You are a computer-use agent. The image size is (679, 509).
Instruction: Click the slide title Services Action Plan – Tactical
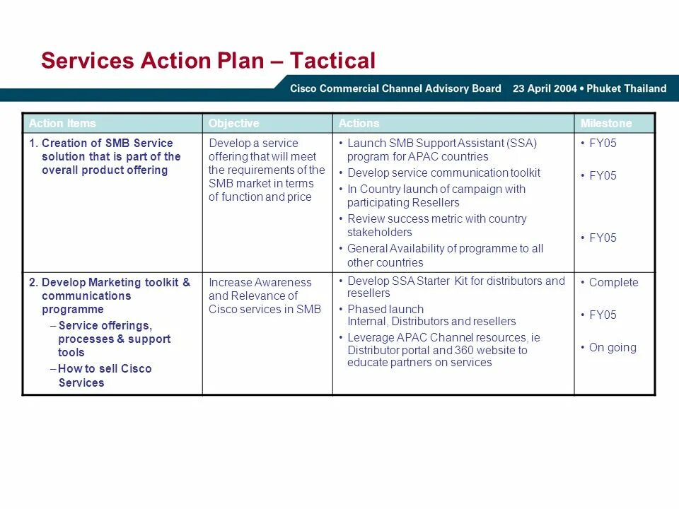[208, 61]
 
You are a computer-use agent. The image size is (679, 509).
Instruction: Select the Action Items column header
[62, 123]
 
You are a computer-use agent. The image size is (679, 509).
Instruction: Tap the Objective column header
[233, 123]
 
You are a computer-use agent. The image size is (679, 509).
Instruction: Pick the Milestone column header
[606, 123]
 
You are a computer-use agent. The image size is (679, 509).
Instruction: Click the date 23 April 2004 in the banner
[545, 88]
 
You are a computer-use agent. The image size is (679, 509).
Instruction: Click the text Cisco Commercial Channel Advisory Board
[395, 88]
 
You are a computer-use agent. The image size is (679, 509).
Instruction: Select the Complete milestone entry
[613, 282]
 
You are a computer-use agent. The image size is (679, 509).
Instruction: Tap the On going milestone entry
[613, 347]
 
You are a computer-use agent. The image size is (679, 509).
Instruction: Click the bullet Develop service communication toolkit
[443, 172]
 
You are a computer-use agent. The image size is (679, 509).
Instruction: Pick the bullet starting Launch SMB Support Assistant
[441, 150]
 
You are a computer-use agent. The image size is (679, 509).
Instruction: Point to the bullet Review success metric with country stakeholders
[436, 226]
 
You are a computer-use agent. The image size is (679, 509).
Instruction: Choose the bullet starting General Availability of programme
[445, 255]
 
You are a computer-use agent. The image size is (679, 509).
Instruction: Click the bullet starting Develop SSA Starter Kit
[455, 287]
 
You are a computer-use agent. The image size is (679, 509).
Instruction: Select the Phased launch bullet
[431, 315]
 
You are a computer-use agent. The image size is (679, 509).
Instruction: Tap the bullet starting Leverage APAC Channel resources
[443, 350]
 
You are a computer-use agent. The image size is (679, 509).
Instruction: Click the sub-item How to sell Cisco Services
[104, 375]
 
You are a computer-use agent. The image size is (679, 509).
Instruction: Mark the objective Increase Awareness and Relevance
[264, 296]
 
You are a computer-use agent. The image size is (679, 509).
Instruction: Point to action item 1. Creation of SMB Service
[106, 156]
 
